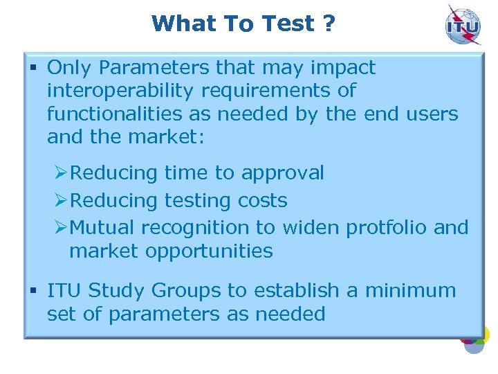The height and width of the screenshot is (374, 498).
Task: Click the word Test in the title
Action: [x=288, y=24]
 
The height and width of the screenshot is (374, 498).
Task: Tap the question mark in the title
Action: [x=329, y=24]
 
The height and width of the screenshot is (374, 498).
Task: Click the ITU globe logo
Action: [x=463, y=26]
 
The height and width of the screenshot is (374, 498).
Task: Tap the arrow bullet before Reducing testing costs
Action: [x=61, y=200]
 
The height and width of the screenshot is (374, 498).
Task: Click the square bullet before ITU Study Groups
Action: [x=33, y=291]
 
